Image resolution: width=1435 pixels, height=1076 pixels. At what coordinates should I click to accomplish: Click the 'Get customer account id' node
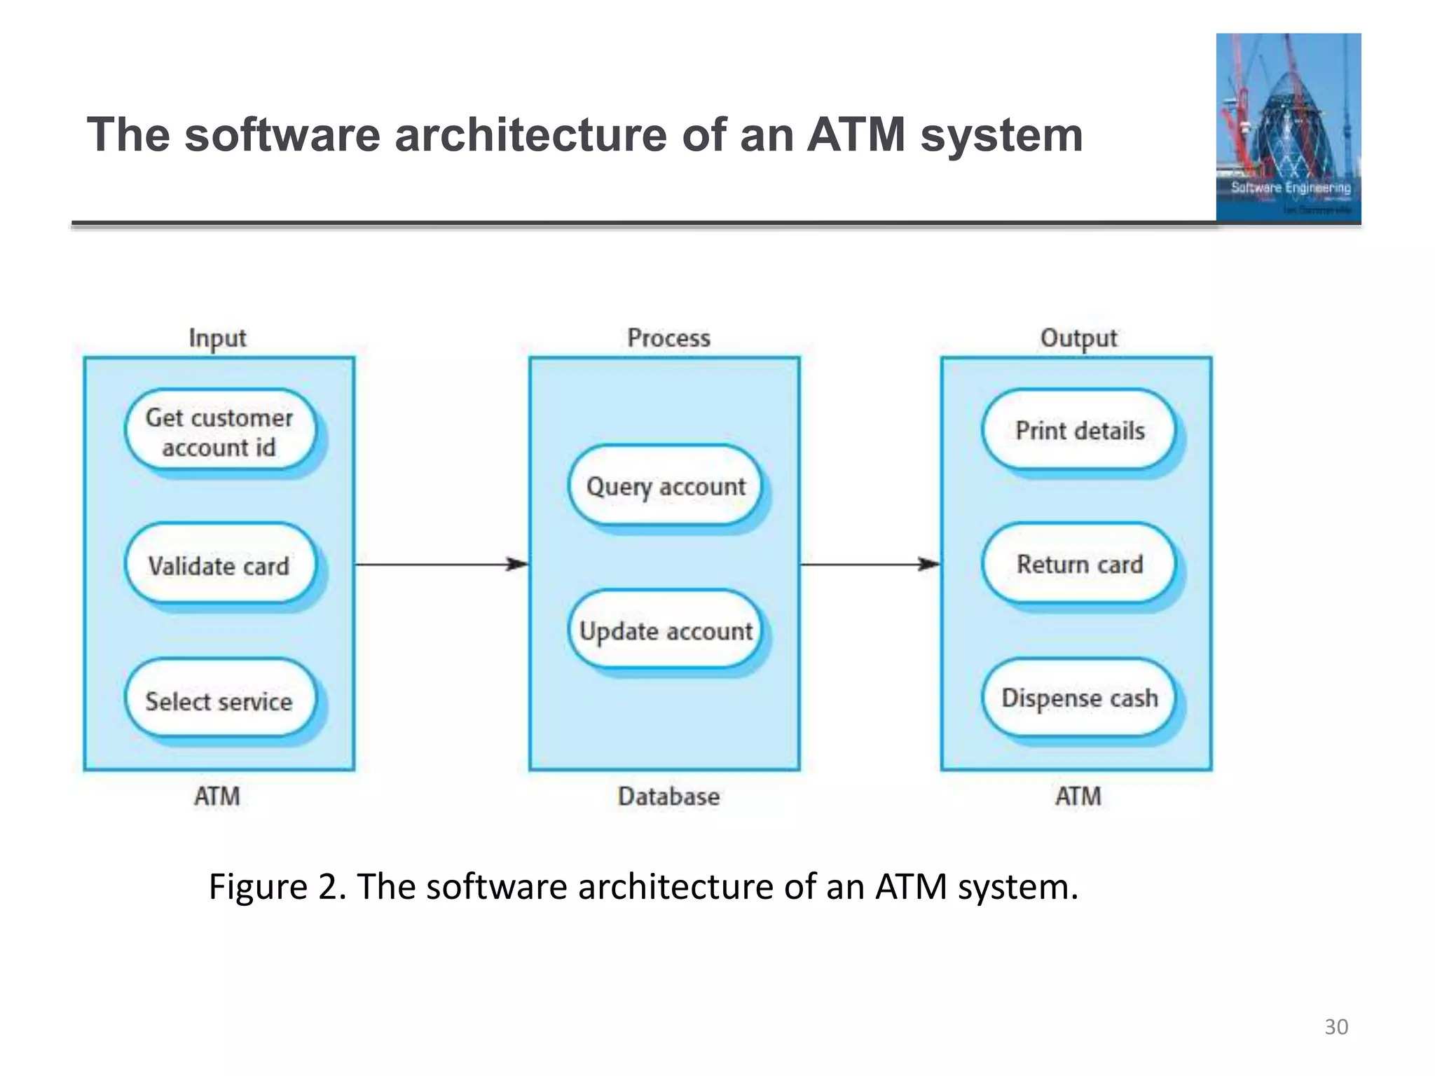click(x=219, y=432)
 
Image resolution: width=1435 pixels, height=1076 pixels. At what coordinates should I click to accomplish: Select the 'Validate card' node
click(x=219, y=565)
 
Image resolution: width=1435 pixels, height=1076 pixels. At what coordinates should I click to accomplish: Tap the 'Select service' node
click(x=219, y=700)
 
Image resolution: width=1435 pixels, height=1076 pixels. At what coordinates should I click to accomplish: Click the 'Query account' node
click(x=666, y=485)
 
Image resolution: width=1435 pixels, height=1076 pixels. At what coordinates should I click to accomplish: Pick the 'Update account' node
click(x=666, y=630)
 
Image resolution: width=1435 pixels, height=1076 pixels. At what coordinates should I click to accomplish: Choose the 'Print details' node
click(x=1080, y=430)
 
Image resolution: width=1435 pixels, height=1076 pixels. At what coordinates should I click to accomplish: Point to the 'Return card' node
click(x=1080, y=563)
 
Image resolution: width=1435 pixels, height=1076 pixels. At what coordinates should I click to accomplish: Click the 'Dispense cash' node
click(x=1080, y=698)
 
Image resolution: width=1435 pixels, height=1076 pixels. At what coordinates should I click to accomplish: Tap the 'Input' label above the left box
click(x=217, y=338)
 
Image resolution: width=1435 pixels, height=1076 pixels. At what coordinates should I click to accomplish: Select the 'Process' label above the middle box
click(x=668, y=338)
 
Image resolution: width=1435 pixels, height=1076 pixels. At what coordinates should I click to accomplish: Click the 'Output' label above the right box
click(x=1078, y=338)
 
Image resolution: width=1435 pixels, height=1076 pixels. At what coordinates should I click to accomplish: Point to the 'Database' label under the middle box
click(x=668, y=796)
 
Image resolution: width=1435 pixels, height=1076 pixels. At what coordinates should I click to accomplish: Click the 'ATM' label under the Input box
click(x=217, y=796)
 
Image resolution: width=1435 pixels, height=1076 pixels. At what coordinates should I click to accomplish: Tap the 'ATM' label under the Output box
click(x=1078, y=796)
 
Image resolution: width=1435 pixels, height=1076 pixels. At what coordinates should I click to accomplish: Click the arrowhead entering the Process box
click(x=519, y=564)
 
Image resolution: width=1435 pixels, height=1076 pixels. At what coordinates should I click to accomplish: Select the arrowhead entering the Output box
click(x=931, y=564)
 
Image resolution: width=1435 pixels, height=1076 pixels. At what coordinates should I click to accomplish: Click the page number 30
click(x=1336, y=1027)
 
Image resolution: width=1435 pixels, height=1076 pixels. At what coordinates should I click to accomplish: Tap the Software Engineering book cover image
click(x=1288, y=127)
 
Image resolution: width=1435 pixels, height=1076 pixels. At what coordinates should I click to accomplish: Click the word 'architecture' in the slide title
click(x=530, y=134)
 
